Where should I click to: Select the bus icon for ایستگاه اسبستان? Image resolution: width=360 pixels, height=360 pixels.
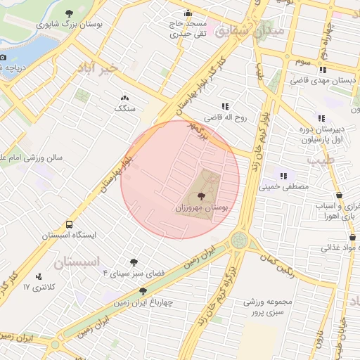click(68, 224)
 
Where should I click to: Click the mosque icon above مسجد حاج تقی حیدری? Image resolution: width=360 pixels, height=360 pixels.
click(187, 13)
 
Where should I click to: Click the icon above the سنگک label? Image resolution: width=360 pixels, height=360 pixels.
click(125, 98)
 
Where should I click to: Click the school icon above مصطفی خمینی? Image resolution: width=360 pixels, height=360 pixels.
click(284, 176)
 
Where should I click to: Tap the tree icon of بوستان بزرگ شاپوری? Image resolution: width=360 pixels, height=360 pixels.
click(68, 13)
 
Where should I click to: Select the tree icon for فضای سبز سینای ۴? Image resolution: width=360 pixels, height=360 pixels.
click(134, 262)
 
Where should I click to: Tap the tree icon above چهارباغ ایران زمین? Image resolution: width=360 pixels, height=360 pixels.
click(143, 290)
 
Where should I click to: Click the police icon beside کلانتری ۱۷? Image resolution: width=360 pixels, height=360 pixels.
click(38, 276)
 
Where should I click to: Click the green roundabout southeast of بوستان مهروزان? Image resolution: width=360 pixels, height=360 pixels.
click(239, 240)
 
